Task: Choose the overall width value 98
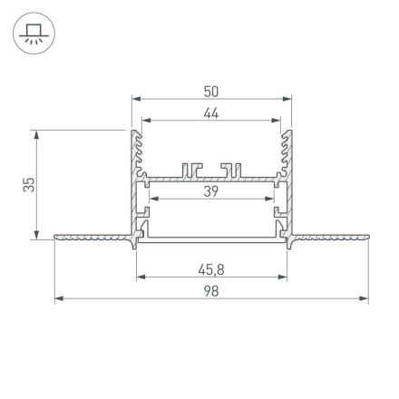(211, 291)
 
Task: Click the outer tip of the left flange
(56, 238)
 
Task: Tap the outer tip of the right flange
(367, 238)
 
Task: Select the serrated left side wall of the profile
(138, 154)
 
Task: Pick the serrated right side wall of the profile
(287, 154)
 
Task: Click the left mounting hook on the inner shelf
(191, 169)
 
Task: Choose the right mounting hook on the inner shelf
(232, 169)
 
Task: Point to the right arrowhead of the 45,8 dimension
(282, 276)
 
